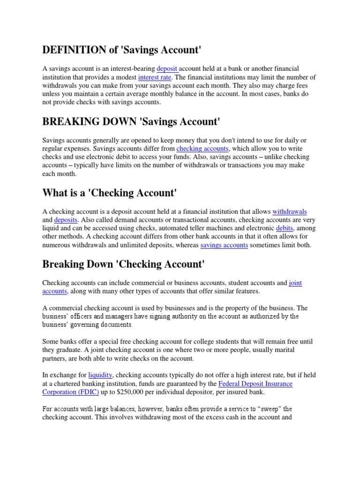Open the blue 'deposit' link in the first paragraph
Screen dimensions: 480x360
click(x=167, y=69)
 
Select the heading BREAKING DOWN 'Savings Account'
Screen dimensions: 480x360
click(x=131, y=122)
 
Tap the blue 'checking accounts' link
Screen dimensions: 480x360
click(x=202, y=149)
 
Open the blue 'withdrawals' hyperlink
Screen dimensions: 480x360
click(x=290, y=212)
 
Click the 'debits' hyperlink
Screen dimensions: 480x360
click(x=285, y=228)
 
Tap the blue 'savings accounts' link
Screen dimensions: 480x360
click(x=224, y=245)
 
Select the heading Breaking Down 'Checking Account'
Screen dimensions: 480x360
click(x=124, y=264)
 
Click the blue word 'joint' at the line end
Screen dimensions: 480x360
click(x=295, y=284)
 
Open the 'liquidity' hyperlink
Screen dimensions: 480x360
click(x=100, y=375)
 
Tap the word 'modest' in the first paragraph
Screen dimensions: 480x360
click(x=123, y=77)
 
